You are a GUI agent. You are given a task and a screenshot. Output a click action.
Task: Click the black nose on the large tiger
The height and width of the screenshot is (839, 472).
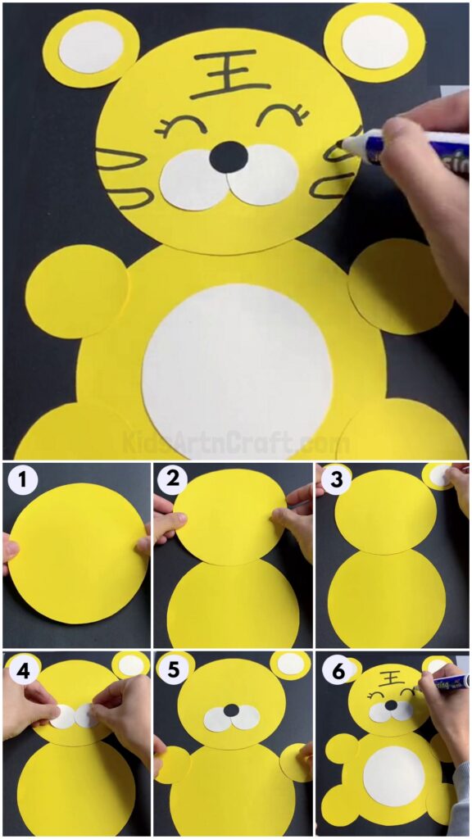(x=229, y=156)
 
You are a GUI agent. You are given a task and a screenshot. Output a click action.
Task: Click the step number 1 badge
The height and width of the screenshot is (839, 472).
(x=22, y=480)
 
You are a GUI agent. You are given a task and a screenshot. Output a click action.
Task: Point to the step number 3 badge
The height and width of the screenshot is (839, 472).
(x=332, y=480)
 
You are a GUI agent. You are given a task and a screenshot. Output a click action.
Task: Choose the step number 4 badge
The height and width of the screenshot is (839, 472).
(x=22, y=669)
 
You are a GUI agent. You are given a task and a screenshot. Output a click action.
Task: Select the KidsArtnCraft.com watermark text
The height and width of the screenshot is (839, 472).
(x=236, y=443)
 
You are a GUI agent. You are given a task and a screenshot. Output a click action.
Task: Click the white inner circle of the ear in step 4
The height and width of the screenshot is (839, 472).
(x=131, y=665)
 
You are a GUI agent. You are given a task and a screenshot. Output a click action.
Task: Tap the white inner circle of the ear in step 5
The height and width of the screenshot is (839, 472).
(x=291, y=663)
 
